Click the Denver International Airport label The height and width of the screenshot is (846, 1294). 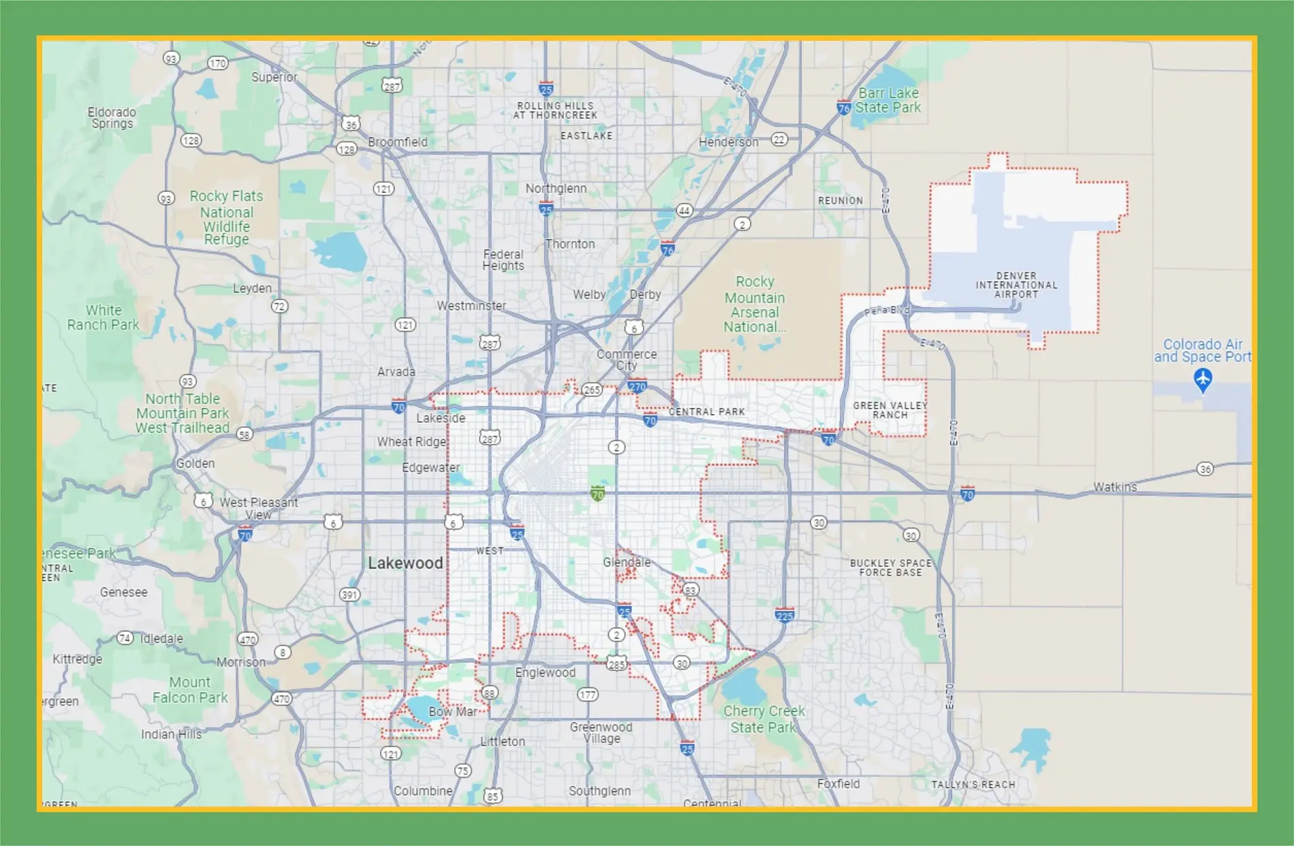pyautogui.click(x=1016, y=285)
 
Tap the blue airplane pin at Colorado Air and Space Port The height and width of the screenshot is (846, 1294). pyautogui.click(x=1203, y=379)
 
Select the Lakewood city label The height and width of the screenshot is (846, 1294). pyautogui.click(x=405, y=563)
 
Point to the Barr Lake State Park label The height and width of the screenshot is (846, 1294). pyautogui.click(x=888, y=100)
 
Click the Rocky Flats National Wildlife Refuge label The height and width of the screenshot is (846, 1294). pyautogui.click(x=226, y=217)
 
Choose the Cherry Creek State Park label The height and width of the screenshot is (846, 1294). pyautogui.click(x=763, y=719)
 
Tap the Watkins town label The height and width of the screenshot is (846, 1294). pyautogui.click(x=1115, y=487)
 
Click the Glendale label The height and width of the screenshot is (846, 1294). pyautogui.click(x=627, y=563)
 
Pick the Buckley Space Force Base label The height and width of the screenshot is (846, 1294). pyautogui.click(x=890, y=568)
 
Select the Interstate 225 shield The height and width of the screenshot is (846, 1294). pyautogui.click(x=785, y=616)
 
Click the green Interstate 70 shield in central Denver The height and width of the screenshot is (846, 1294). pyautogui.click(x=597, y=494)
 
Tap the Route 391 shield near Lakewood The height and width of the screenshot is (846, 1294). pyautogui.click(x=349, y=595)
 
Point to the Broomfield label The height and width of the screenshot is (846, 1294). pyautogui.click(x=398, y=142)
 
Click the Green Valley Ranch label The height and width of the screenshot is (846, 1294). pyautogui.click(x=890, y=410)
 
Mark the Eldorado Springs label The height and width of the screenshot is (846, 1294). pyautogui.click(x=112, y=118)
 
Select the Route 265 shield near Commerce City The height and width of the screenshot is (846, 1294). pyautogui.click(x=592, y=390)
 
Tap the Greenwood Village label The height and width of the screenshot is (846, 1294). pyautogui.click(x=601, y=733)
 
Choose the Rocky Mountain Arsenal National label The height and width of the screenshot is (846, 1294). pyautogui.click(x=755, y=304)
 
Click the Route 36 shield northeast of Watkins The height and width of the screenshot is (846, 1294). pyautogui.click(x=1205, y=469)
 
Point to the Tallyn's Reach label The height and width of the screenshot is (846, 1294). pyautogui.click(x=973, y=785)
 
